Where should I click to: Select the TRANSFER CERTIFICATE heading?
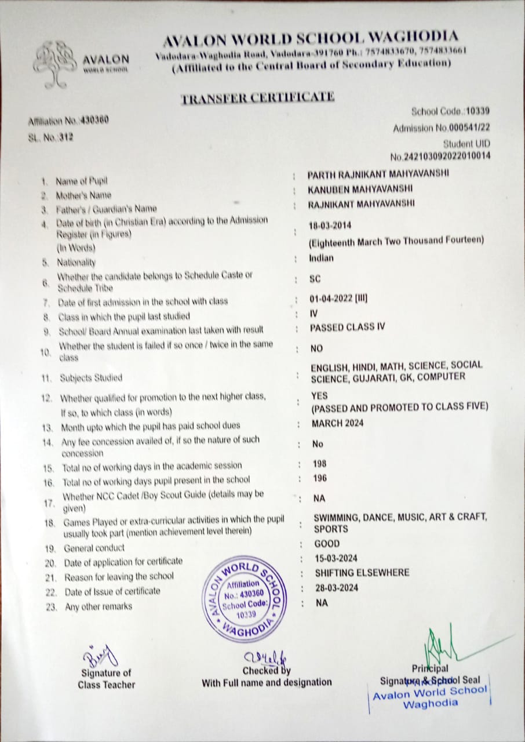click(258, 98)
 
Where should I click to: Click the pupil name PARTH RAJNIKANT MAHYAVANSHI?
click(378, 174)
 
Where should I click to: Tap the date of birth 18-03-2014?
click(330, 225)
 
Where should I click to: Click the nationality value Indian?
click(322, 259)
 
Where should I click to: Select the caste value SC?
click(315, 279)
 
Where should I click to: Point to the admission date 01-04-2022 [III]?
click(339, 299)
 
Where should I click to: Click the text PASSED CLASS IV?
click(347, 327)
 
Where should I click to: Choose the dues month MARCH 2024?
click(337, 423)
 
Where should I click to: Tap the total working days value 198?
click(319, 464)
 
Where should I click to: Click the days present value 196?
click(319, 478)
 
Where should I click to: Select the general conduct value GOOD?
click(327, 544)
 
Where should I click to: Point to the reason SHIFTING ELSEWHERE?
click(362, 573)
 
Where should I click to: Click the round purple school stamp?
click(246, 599)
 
